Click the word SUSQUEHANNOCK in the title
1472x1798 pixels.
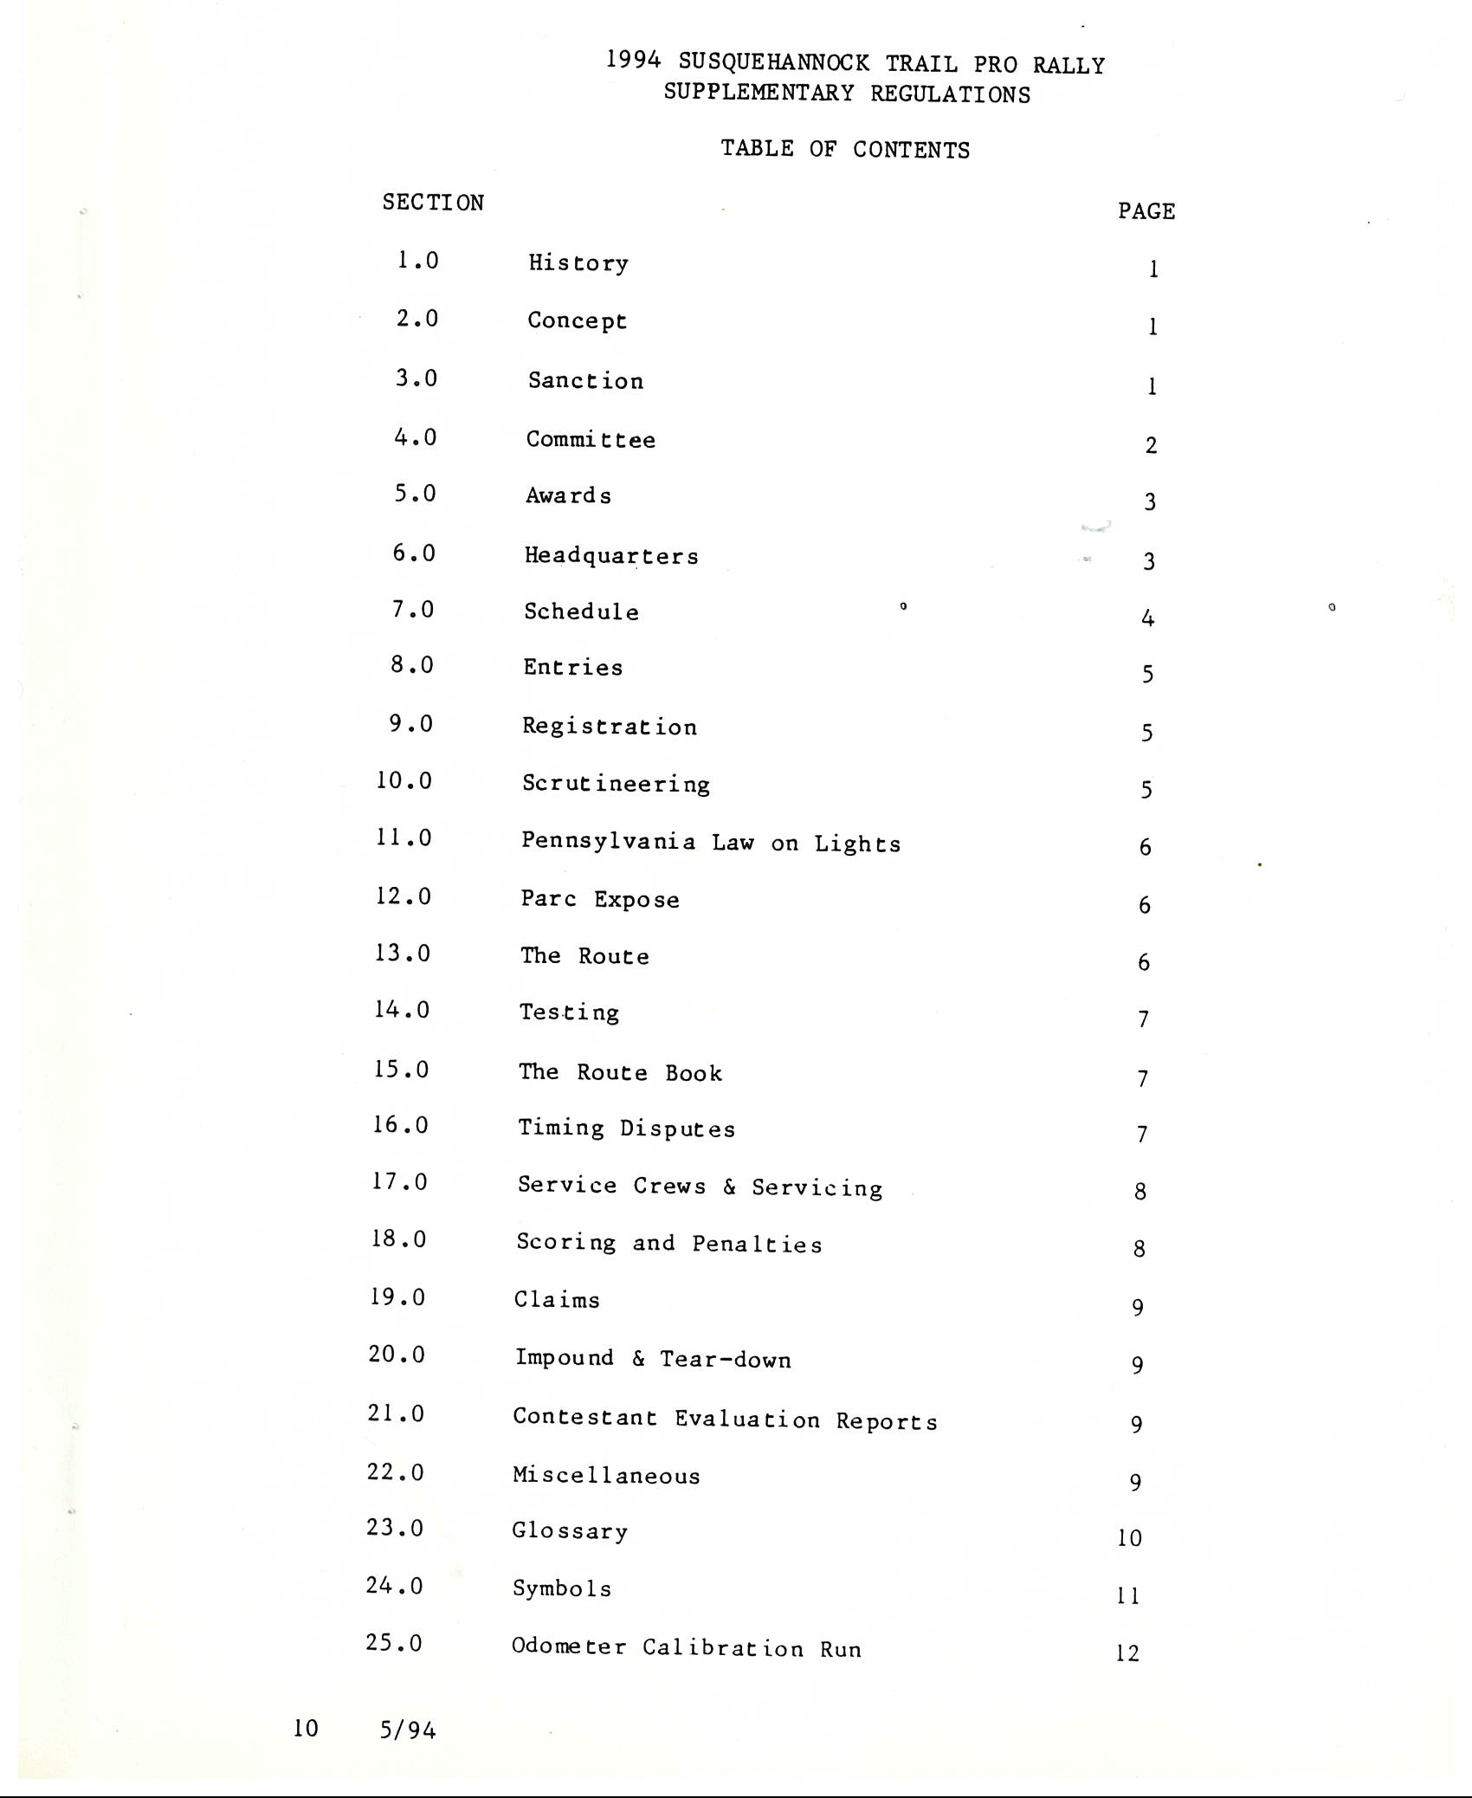[773, 62]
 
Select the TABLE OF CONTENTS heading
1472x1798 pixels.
[845, 149]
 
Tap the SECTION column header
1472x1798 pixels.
[433, 203]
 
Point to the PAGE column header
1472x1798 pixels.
[1146, 211]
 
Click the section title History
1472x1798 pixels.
[578, 263]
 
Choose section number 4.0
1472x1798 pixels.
[416, 437]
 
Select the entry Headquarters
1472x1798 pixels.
[611, 556]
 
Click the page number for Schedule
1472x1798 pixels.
[1147, 618]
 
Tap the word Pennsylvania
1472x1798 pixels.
[608, 842]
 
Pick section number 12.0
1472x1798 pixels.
[404, 896]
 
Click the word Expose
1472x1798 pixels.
[636, 900]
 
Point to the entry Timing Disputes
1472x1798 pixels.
[626, 1129]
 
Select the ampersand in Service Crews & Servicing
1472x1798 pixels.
[729, 1187]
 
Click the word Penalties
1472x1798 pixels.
[757, 1245]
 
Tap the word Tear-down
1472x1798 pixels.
[726, 1359]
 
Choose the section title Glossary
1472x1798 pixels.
[570, 1531]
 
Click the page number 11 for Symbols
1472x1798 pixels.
[1128, 1595]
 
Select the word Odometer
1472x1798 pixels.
[569, 1646]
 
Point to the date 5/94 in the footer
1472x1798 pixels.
[408, 1730]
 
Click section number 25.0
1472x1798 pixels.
[394, 1643]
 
